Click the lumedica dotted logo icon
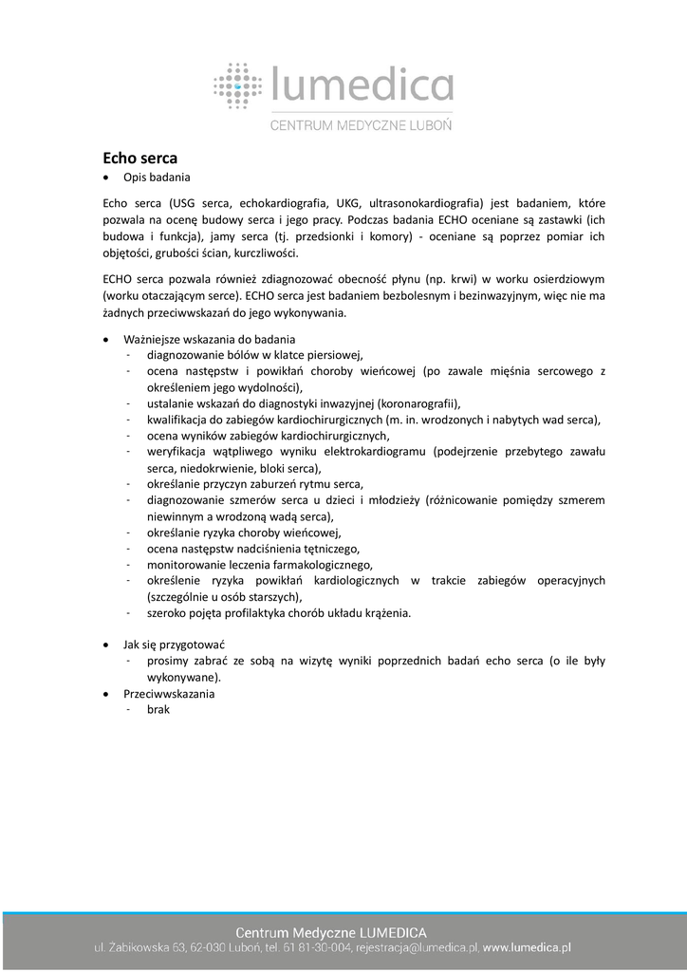pyautogui.click(x=237, y=84)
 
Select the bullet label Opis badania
pyautogui.click(x=157, y=178)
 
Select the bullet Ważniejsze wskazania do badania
pyautogui.click(x=209, y=339)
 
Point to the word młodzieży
pyautogui.click(x=393, y=500)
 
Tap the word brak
pyautogui.click(x=158, y=710)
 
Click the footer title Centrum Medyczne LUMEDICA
pyautogui.click(x=330, y=932)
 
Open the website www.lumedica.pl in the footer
pyautogui.click(x=528, y=947)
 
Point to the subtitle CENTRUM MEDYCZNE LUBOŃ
pyautogui.click(x=362, y=124)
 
